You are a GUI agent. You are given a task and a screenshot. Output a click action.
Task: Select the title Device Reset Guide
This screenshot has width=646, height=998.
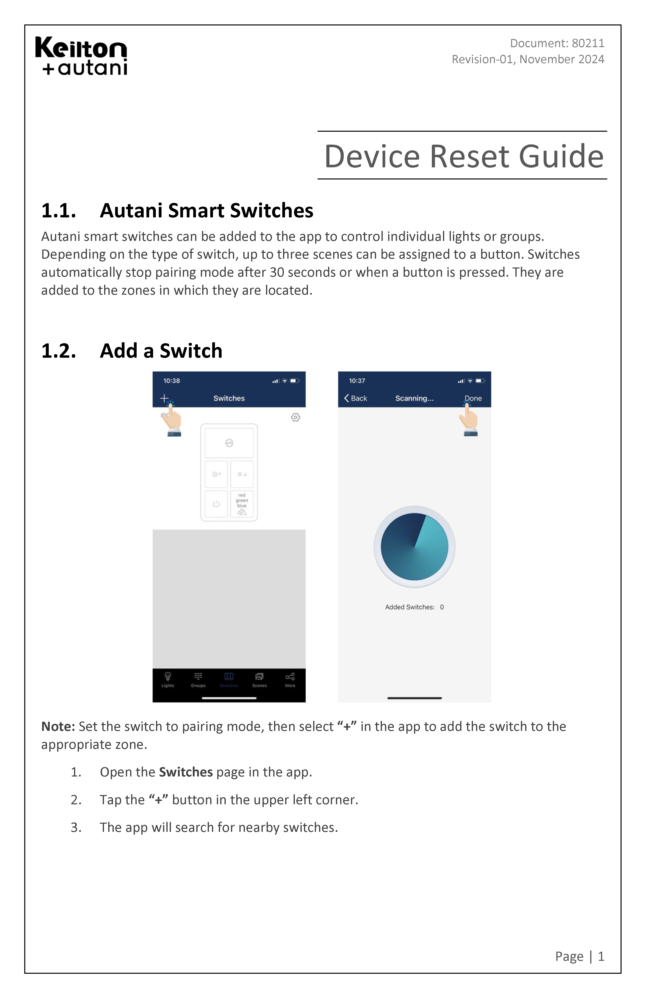pos(464,156)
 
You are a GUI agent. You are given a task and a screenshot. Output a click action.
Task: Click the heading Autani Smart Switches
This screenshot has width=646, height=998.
pos(206,211)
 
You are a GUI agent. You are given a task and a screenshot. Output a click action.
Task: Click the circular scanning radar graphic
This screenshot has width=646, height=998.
pos(414,546)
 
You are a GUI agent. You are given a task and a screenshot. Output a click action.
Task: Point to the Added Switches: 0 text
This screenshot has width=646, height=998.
pos(414,607)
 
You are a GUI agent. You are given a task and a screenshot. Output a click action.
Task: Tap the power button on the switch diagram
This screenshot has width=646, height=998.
pos(216,504)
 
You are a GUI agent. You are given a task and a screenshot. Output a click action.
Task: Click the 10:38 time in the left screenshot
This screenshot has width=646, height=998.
pos(171,381)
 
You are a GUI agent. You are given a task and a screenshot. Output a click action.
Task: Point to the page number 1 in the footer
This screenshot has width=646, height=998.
pos(601,956)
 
